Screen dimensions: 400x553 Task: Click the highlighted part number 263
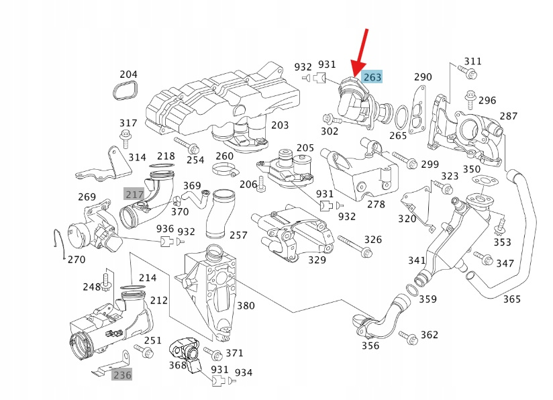point(372,77)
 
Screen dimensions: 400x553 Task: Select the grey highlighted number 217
point(134,195)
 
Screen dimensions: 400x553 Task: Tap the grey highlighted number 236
point(121,374)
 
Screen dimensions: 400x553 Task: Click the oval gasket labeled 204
point(125,92)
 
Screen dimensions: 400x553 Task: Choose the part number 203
point(280,125)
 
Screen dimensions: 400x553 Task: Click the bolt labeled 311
point(463,68)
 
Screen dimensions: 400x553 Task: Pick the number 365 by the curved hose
point(511,299)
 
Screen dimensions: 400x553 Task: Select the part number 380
point(246,306)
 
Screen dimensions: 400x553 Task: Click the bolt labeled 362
point(409,336)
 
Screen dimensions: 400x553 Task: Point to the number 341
point(417,260)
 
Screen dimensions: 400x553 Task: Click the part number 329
point(317,260)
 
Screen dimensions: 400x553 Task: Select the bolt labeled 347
point(482,257)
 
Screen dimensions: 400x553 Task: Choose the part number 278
point(376,204)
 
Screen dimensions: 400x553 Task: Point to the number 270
point(76,259)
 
